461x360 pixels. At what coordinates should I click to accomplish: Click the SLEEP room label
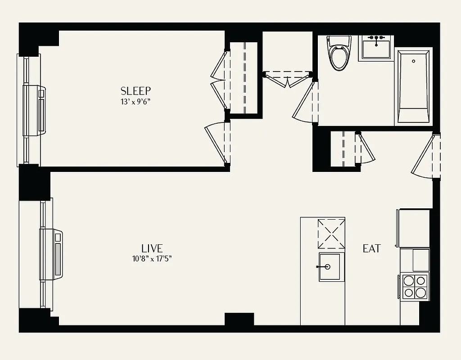tap(135, 91)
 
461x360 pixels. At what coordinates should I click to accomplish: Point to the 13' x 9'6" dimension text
tap(135, 102)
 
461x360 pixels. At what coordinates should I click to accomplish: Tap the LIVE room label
tap(152, 248)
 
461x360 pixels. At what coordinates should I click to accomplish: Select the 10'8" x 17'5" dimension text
tap(152, 259)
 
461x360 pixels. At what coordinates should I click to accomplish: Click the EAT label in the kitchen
tap(372, 248)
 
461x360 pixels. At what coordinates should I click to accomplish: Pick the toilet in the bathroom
tap(339, 55)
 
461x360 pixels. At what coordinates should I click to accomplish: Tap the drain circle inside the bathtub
tap(413, 60)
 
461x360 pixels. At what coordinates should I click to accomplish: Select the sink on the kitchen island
tap(331, 267)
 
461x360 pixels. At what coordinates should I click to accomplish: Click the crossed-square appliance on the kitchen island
tap(331, 234)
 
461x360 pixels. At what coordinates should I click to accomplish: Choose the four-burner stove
tap(414, 287)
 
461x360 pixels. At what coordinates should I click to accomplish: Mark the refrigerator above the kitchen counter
tap(413, 228)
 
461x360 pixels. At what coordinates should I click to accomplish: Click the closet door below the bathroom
tap(365, 148)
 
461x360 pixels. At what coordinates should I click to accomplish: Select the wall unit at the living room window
tap(51, 254)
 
